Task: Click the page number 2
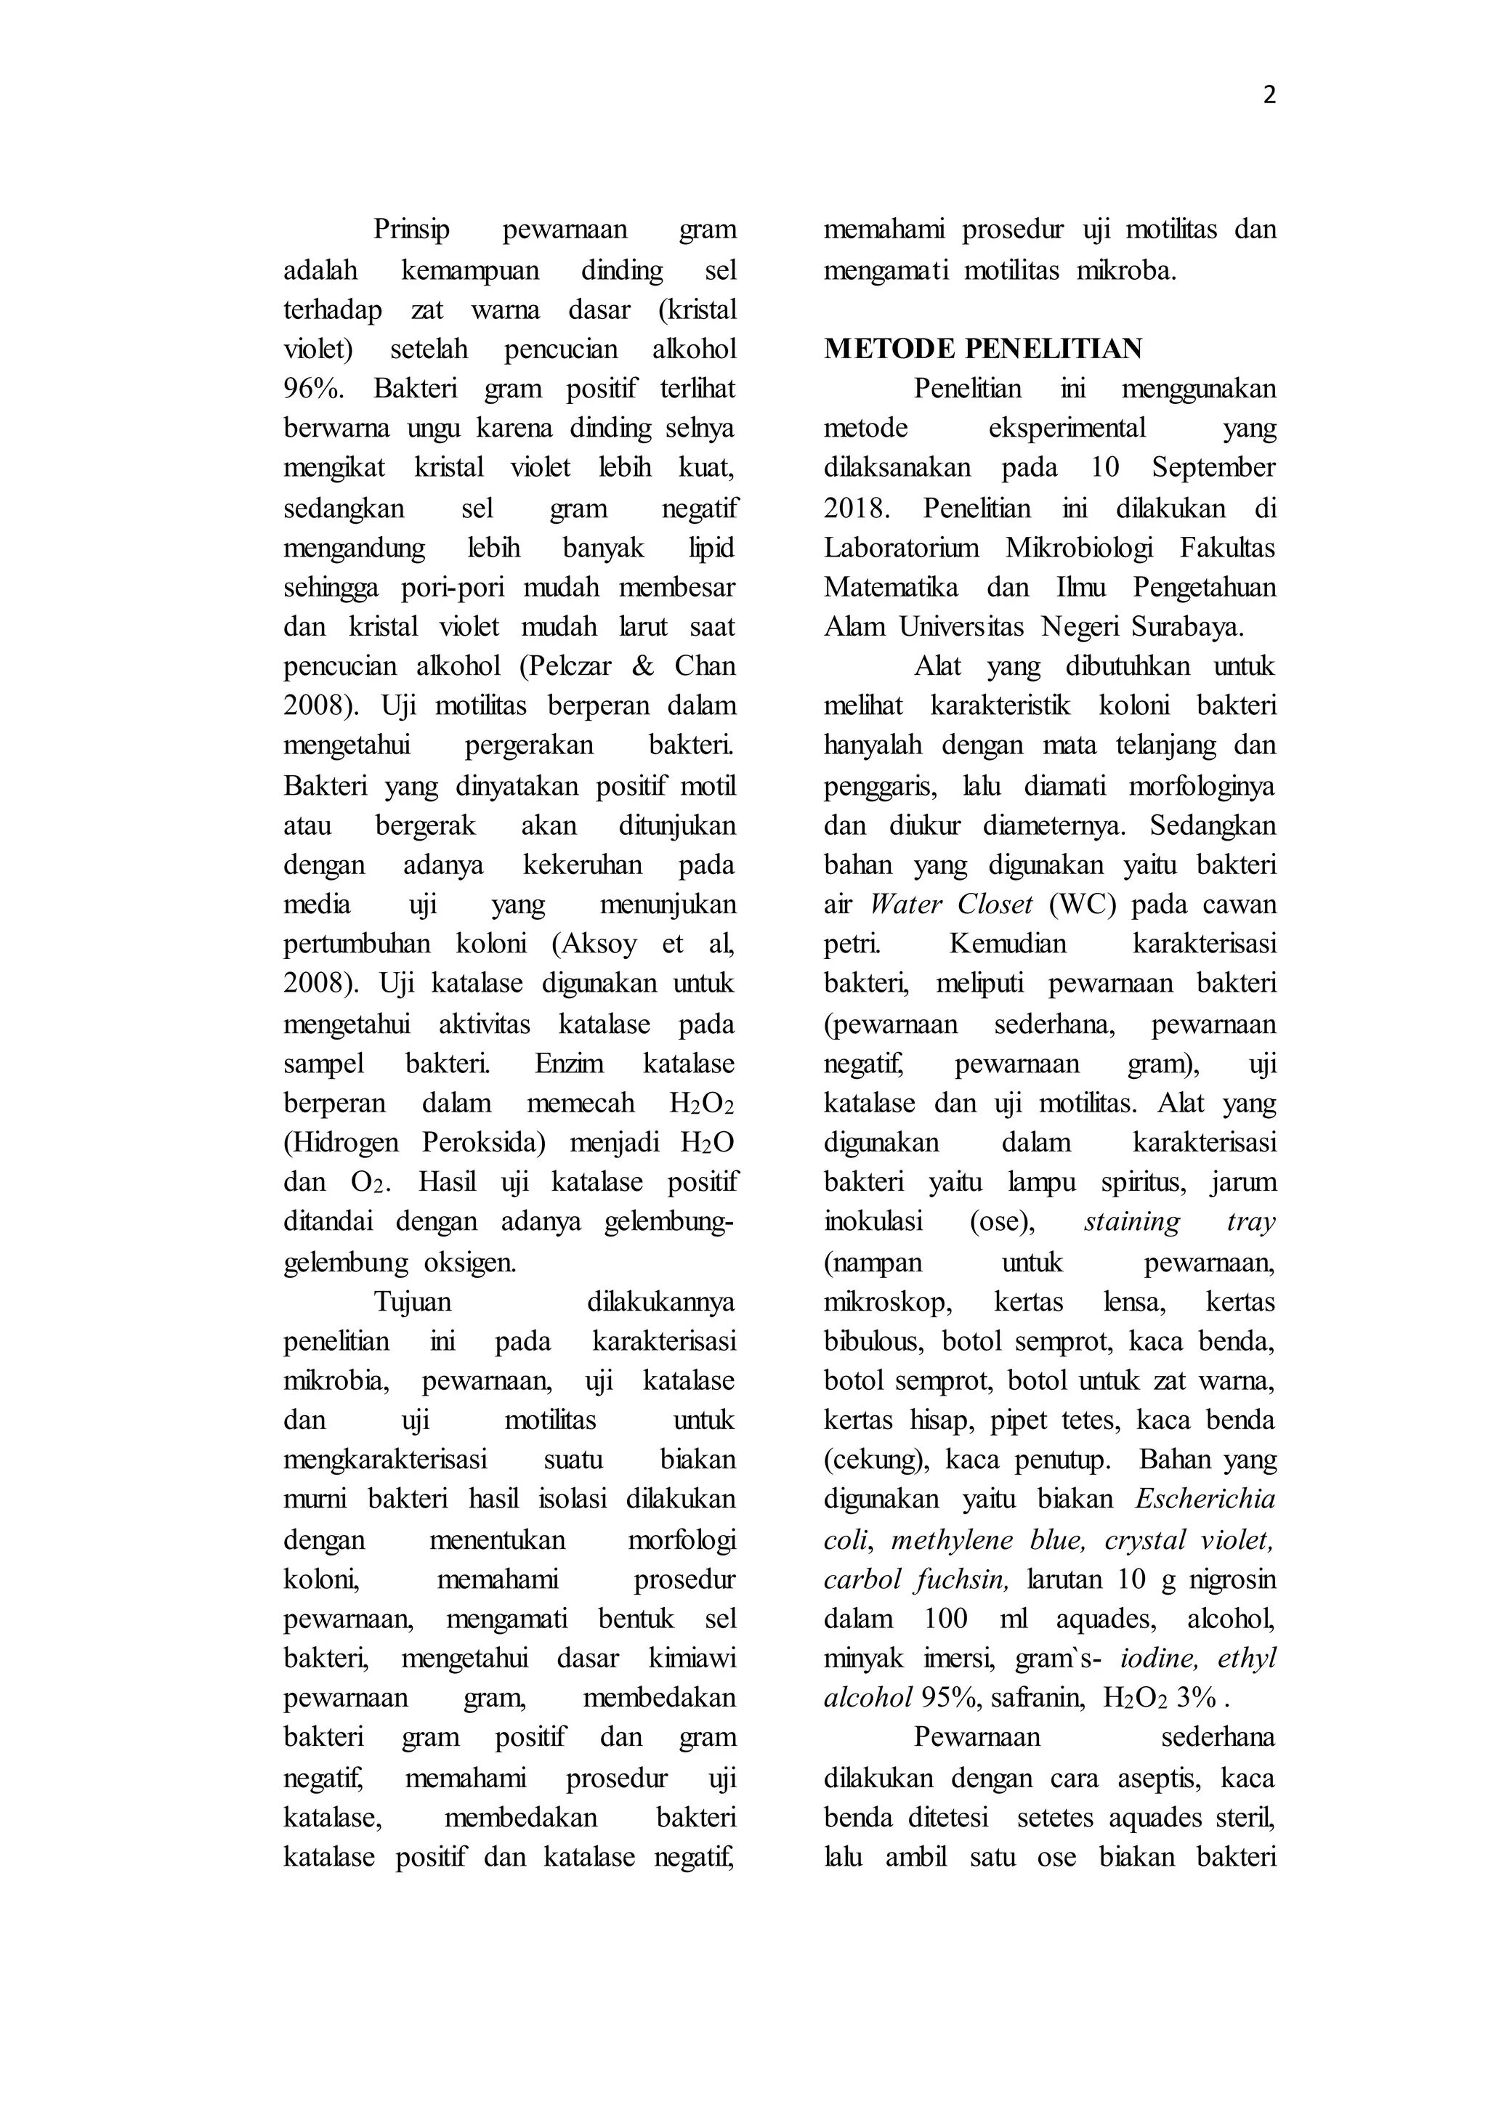[x=1269, y=95]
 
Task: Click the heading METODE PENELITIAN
[x=983, y=349]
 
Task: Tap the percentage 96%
[x=313, y=389]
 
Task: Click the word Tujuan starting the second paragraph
[x=412, y=1302]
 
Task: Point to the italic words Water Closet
[x=951, y=905]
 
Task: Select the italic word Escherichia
[x=1205, y=1500]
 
